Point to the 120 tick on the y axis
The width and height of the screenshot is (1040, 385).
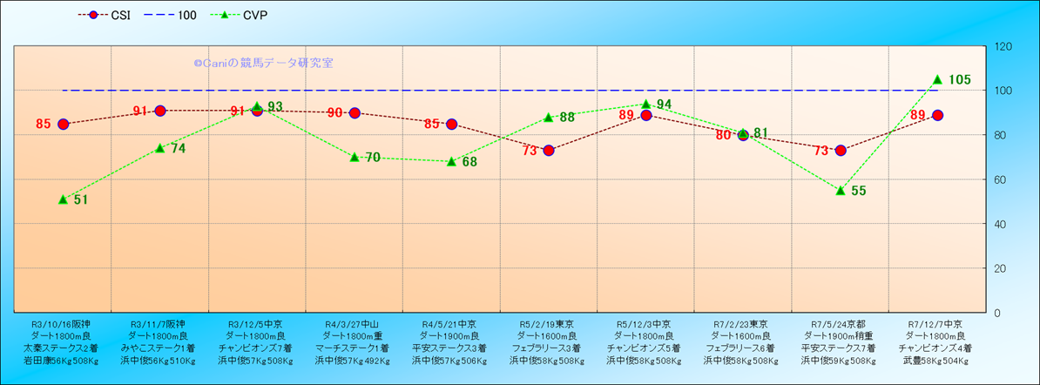pyautogui.click(x=1003, y=46)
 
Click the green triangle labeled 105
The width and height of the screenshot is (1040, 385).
pyautogui.click(x=937, y=79)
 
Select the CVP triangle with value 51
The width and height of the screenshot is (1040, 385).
pyautogui.click(x=63, y=199)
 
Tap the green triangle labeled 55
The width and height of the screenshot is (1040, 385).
pyautogui.click(x=841, y=190)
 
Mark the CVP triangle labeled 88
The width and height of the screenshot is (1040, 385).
pyautogui.click(x=549, y=118)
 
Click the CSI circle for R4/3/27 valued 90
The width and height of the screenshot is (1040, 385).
pyautogui.click(x=355, y=113)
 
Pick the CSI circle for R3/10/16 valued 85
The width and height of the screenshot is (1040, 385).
pyautogui.click(x=63, y=124)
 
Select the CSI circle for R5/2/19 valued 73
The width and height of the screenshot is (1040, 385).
pyautogui.click(x=549, y=151)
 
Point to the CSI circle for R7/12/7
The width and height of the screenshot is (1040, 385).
pyautogui.click(x=937, y=115)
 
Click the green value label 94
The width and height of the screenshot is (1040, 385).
pyautogui.click(x=664, y=105)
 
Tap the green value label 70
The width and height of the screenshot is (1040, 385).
pyautogui.click(x=373, y=158)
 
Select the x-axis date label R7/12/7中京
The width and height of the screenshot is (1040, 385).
pyautogui.click(x=935, y=323)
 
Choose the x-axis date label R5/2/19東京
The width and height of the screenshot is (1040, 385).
pyautogui.click(x=548, y=323)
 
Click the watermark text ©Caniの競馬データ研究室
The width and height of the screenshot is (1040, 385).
pyautogui.click(x=263, y=64)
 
